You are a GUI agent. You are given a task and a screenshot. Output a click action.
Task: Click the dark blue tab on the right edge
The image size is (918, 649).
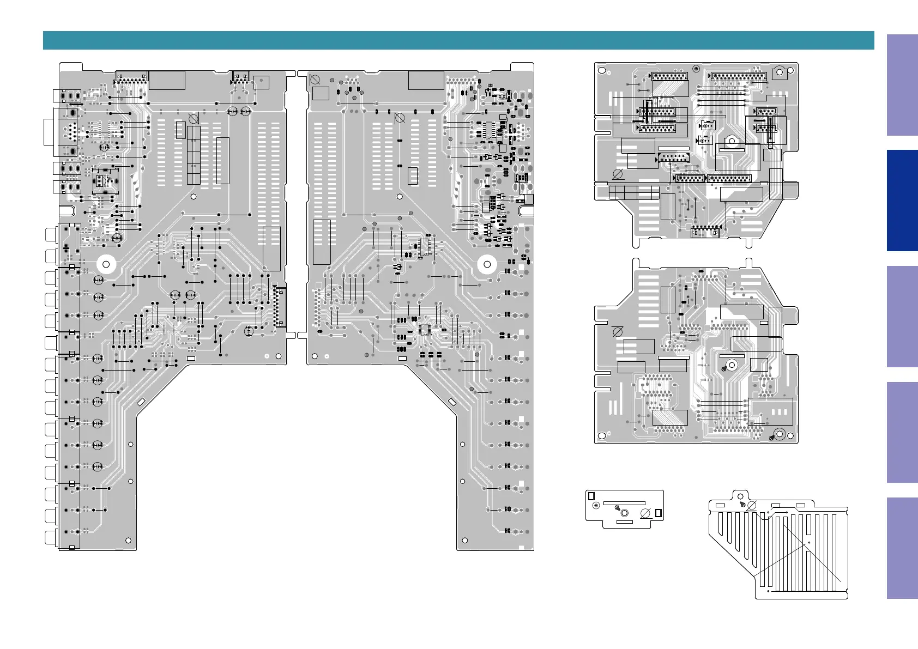[902, 201]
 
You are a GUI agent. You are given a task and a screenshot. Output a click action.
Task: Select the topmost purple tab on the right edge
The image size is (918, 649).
[902, 85]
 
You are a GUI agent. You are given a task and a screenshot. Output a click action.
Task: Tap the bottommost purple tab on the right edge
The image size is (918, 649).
[902, 548]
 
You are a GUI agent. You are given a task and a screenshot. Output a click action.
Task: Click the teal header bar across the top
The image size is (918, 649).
[458, 40]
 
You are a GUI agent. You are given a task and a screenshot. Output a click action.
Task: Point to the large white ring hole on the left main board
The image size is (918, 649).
[106, 265]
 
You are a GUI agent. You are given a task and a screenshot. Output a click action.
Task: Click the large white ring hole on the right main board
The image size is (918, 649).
[487, 265]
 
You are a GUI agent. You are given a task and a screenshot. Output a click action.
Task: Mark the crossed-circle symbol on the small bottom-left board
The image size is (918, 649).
[645, 513]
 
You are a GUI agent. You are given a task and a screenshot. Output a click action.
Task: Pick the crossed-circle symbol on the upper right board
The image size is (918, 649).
[618, 174]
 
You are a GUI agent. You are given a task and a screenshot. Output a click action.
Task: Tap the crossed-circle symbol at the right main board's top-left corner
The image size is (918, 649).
[315, 80]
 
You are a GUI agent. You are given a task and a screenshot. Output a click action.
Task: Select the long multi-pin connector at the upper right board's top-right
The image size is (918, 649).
[739, 77]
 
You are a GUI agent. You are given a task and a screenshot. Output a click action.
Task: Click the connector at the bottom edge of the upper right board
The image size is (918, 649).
[705, 233]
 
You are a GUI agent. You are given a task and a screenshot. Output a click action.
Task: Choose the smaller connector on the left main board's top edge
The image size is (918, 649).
[240, 76]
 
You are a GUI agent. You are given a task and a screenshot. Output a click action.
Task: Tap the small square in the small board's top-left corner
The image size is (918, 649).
[591, 496]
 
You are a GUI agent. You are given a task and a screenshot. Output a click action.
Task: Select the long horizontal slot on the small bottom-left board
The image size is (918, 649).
[624, 503]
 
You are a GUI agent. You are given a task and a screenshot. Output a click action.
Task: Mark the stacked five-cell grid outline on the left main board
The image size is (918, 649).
[194, 155]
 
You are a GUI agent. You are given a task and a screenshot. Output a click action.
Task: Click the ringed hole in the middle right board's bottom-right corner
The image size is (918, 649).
[780, 434]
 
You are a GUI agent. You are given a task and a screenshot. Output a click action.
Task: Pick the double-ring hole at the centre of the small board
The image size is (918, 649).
[624, 513]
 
